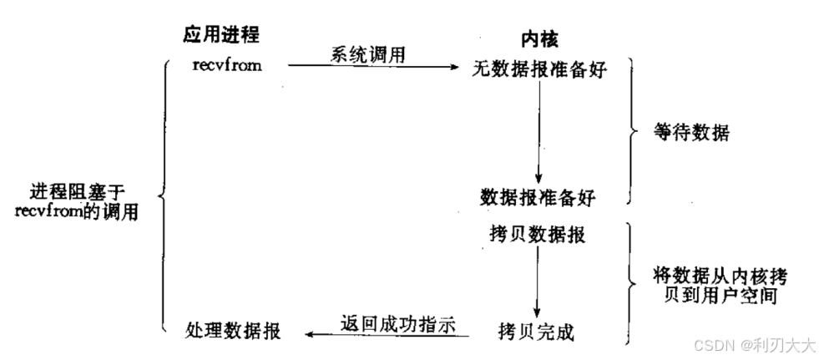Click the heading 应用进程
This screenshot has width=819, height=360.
tap(221, 34)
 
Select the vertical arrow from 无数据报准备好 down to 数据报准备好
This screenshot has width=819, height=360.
tap(538, 134)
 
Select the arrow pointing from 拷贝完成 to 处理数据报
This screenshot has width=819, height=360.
tap(384, 335)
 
